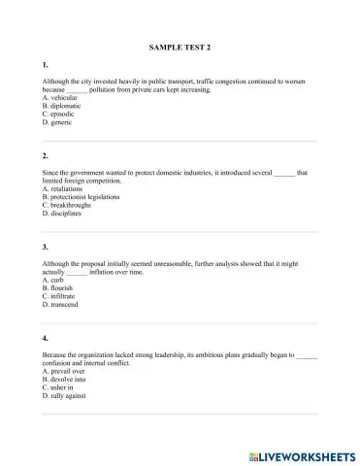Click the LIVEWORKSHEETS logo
(x=300, y=453)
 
